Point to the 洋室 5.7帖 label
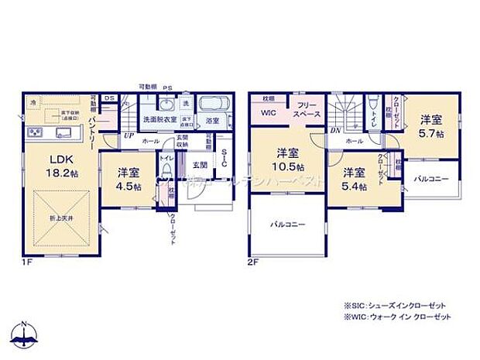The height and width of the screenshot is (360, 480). (x=432, y=126)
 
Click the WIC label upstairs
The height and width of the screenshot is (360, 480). (x=269, y=113)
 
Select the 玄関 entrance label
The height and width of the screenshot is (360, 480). (x=199, y=165)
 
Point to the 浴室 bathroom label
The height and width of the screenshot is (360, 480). (x=212, y=121)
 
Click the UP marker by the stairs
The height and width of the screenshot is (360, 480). (x=129, y=135)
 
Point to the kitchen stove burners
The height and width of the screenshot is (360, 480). (x=36, y=133)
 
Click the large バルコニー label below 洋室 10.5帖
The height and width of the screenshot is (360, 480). (x=286, y=225)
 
